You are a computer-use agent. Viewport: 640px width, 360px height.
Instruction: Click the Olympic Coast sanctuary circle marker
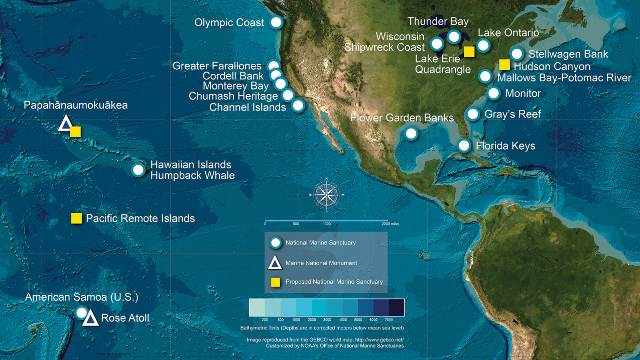click(x=276, y=23)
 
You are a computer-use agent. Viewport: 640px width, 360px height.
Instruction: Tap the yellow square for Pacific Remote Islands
click(x=76, y=218)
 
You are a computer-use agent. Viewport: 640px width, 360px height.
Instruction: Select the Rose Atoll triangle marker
click(x=90, y=318)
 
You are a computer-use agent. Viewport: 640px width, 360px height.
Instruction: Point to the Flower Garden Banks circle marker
click(x=411, y=134)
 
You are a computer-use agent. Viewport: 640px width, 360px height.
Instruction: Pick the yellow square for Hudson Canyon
click(x=504, y=65)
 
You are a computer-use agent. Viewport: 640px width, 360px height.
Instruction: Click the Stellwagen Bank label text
click(x=568, y=54)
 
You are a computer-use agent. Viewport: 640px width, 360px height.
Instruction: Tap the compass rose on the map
click(x=326, y=195)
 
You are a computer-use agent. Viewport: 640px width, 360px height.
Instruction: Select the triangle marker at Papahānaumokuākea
click(x=65, y=124)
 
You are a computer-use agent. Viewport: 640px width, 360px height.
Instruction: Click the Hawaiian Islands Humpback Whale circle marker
click(x=138, y=170)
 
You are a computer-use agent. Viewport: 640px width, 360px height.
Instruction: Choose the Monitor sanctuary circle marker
click(x=493, y=93)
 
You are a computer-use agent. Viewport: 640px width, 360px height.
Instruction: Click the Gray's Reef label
click(x=513, y=114)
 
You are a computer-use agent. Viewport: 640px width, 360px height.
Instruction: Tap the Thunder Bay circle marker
click(x=454, y=37)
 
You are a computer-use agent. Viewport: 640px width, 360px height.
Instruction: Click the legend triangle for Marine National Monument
click(x=275, y=263)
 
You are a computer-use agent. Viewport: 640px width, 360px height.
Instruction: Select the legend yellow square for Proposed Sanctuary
click(x=275, y=282)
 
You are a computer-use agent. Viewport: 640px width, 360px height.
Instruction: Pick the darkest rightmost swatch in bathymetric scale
click(x=396, y=308)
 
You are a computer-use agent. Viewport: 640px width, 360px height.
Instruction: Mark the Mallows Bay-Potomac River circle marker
click(x=485, y=77)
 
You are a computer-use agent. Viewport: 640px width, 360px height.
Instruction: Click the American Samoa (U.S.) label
click(x=81, y=297)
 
